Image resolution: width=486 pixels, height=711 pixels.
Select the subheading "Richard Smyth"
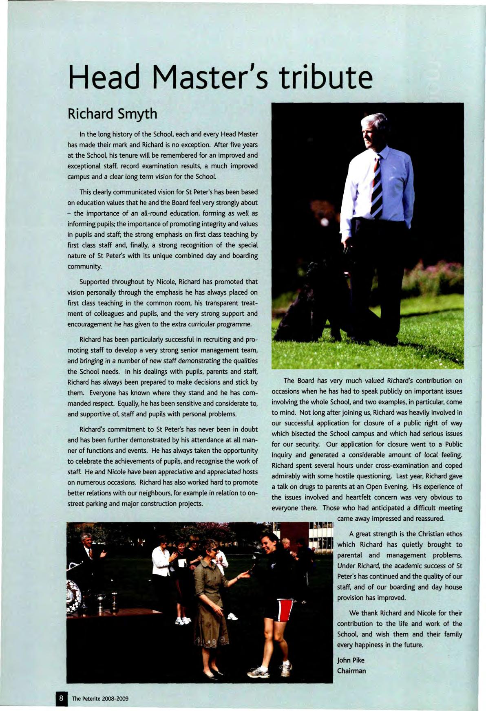tap(112, 114)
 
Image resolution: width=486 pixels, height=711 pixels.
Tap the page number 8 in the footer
tap(61, 698)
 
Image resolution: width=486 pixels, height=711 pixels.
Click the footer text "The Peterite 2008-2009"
tap(100, 698)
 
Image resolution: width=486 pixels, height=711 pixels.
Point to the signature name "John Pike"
tap(351, 660)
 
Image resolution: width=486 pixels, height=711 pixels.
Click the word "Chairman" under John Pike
tap(351, 671)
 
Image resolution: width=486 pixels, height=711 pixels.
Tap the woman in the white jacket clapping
tap(161, 562)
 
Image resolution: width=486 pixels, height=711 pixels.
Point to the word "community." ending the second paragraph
tap(84, 266)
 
